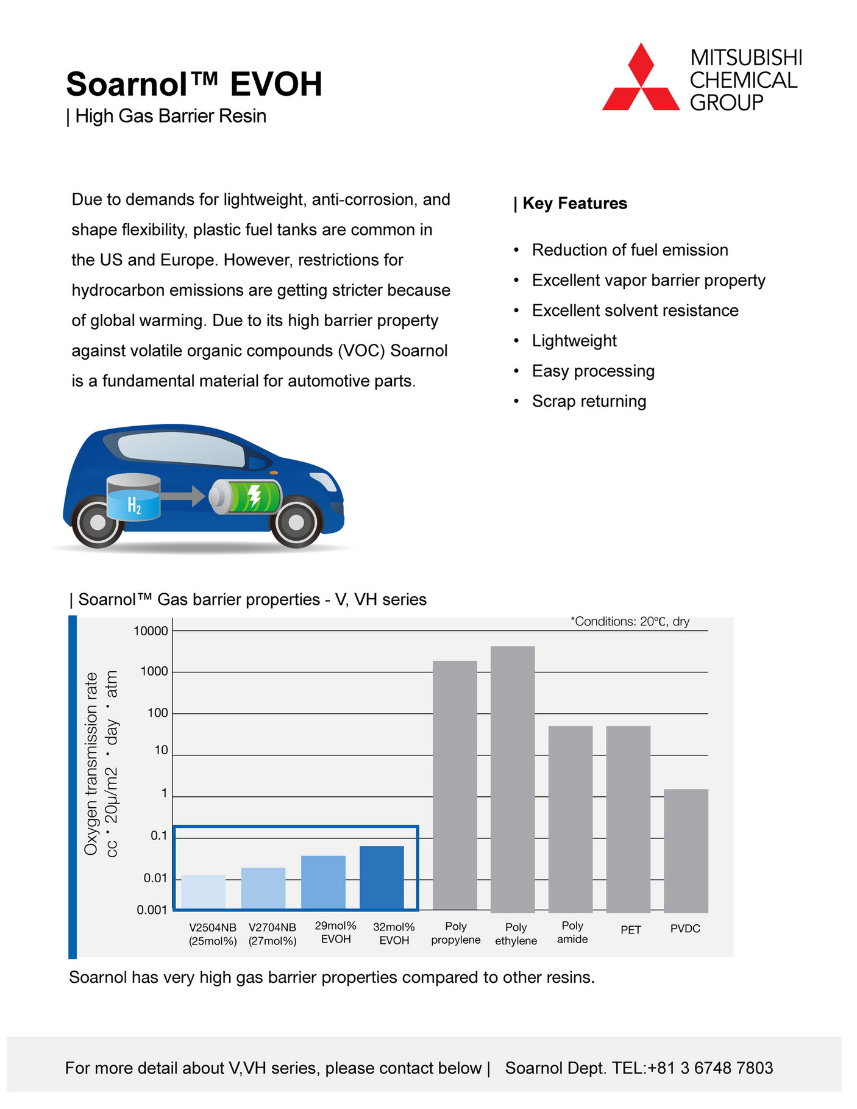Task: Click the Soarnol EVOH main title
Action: [x=194, y=84]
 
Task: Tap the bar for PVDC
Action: [x=686, y=850]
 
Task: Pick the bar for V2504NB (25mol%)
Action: [x=204, y=892]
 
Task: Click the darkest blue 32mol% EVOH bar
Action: [x=382, y=877]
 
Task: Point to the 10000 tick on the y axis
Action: [x=151, y=632]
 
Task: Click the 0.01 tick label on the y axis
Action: [x=155, y=879]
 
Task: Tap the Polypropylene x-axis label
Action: [x=455, y=933]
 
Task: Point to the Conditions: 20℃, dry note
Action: [x=630, y=622]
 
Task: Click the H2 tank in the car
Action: [x=133, y=499]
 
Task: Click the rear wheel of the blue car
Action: [x=98, y=522]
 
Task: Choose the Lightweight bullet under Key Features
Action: [x=574, y=341]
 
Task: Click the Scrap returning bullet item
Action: [x=589, y=401]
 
